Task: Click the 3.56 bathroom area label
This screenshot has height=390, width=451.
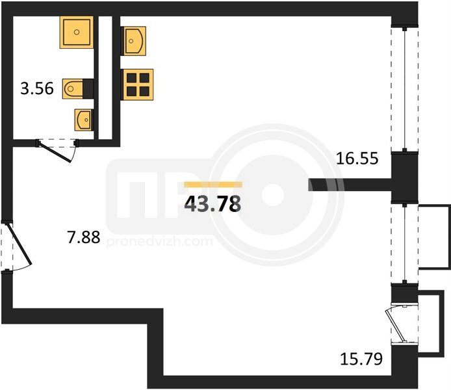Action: pos(37,88)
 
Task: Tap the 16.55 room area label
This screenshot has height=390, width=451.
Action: pos(357,159)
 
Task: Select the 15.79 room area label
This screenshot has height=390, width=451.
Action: pos(361,359)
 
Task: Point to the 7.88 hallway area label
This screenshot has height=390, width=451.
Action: pos(84,237)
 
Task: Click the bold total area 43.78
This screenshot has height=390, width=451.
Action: pos(213,204)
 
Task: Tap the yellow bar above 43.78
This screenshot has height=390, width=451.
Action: pos(213,185)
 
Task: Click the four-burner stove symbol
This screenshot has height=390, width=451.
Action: pos(138,84)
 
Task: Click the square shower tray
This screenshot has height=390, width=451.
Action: pos(77,32)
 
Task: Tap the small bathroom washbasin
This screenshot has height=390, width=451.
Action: pos(83,120)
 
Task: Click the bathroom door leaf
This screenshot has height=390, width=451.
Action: pos(55,152)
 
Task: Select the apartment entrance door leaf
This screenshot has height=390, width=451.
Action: pos(19,243)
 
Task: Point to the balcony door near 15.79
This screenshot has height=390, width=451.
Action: pos(398,325)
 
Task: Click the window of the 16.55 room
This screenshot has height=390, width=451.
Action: pos(405,90)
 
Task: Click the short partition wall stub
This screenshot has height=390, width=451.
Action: pos(350,185)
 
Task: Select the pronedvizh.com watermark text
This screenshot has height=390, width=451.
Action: pos(160,241)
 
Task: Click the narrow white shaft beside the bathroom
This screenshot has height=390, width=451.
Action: pos(105,77)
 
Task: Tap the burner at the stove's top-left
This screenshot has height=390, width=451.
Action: pos(131,77)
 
